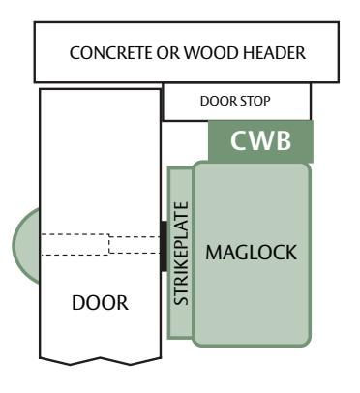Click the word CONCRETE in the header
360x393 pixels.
point(111,53)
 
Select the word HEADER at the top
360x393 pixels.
point(274,53)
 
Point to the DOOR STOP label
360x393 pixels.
point(235,101)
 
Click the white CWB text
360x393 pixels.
point(260,140)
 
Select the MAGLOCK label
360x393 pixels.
point(251,253)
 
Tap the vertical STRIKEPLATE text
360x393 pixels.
point(181,254)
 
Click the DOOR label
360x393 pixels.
point(100,303)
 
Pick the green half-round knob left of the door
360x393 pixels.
point(26,246)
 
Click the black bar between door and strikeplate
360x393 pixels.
point(164,246)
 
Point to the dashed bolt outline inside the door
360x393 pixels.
point(101,244)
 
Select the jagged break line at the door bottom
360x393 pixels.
point(101,361)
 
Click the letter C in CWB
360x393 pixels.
point(240,140)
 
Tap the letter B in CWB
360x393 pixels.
point(285,140)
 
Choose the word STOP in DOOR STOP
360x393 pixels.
point(255,101)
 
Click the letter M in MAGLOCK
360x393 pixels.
point(214,253)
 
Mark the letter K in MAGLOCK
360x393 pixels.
point(290,253)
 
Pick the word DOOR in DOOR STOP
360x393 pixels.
point(219,101)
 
